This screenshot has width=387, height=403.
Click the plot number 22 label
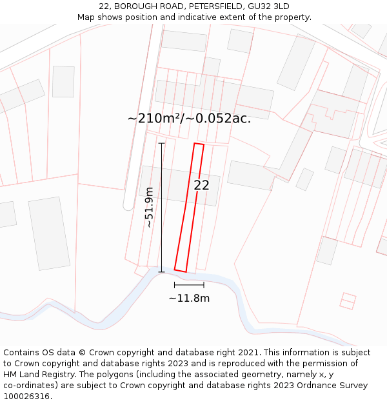pyautogui.click(x=201, y=185)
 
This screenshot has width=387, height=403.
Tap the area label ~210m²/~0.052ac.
pyautogui.click(x=189, y=118)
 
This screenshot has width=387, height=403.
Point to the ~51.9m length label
pyautogui.click(x=149, y=208)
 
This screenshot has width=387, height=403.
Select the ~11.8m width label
pyautogui.click(x=189, y=298)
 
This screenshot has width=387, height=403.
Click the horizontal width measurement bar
pyautogui.click(x=189, y=284)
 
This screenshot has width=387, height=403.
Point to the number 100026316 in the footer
pyautogui.click(x=26, y=397)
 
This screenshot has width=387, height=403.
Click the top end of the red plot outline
pyautogui.click(x=199, y=144)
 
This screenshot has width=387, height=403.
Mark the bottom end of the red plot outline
pyautogui.click(x=181, y=271)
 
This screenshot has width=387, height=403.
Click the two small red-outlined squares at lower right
pyautogui.click(x=348, y=301)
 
